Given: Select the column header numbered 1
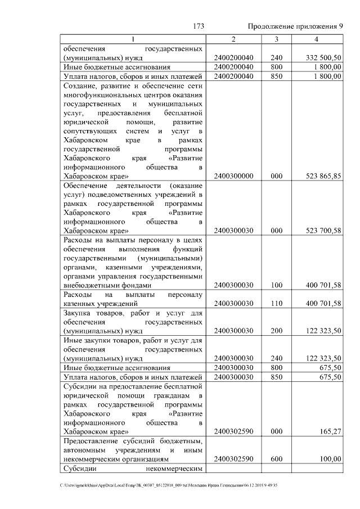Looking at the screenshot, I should click(x=133, y=39).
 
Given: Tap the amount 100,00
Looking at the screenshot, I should click(x=330, y=459).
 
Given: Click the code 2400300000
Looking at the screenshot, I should click(x=233, y=176).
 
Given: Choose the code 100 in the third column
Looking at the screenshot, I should click(x=276, y=285).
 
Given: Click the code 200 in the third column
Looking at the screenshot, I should click(x=276, y=331).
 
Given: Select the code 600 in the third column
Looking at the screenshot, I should click(x=276, y=459).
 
